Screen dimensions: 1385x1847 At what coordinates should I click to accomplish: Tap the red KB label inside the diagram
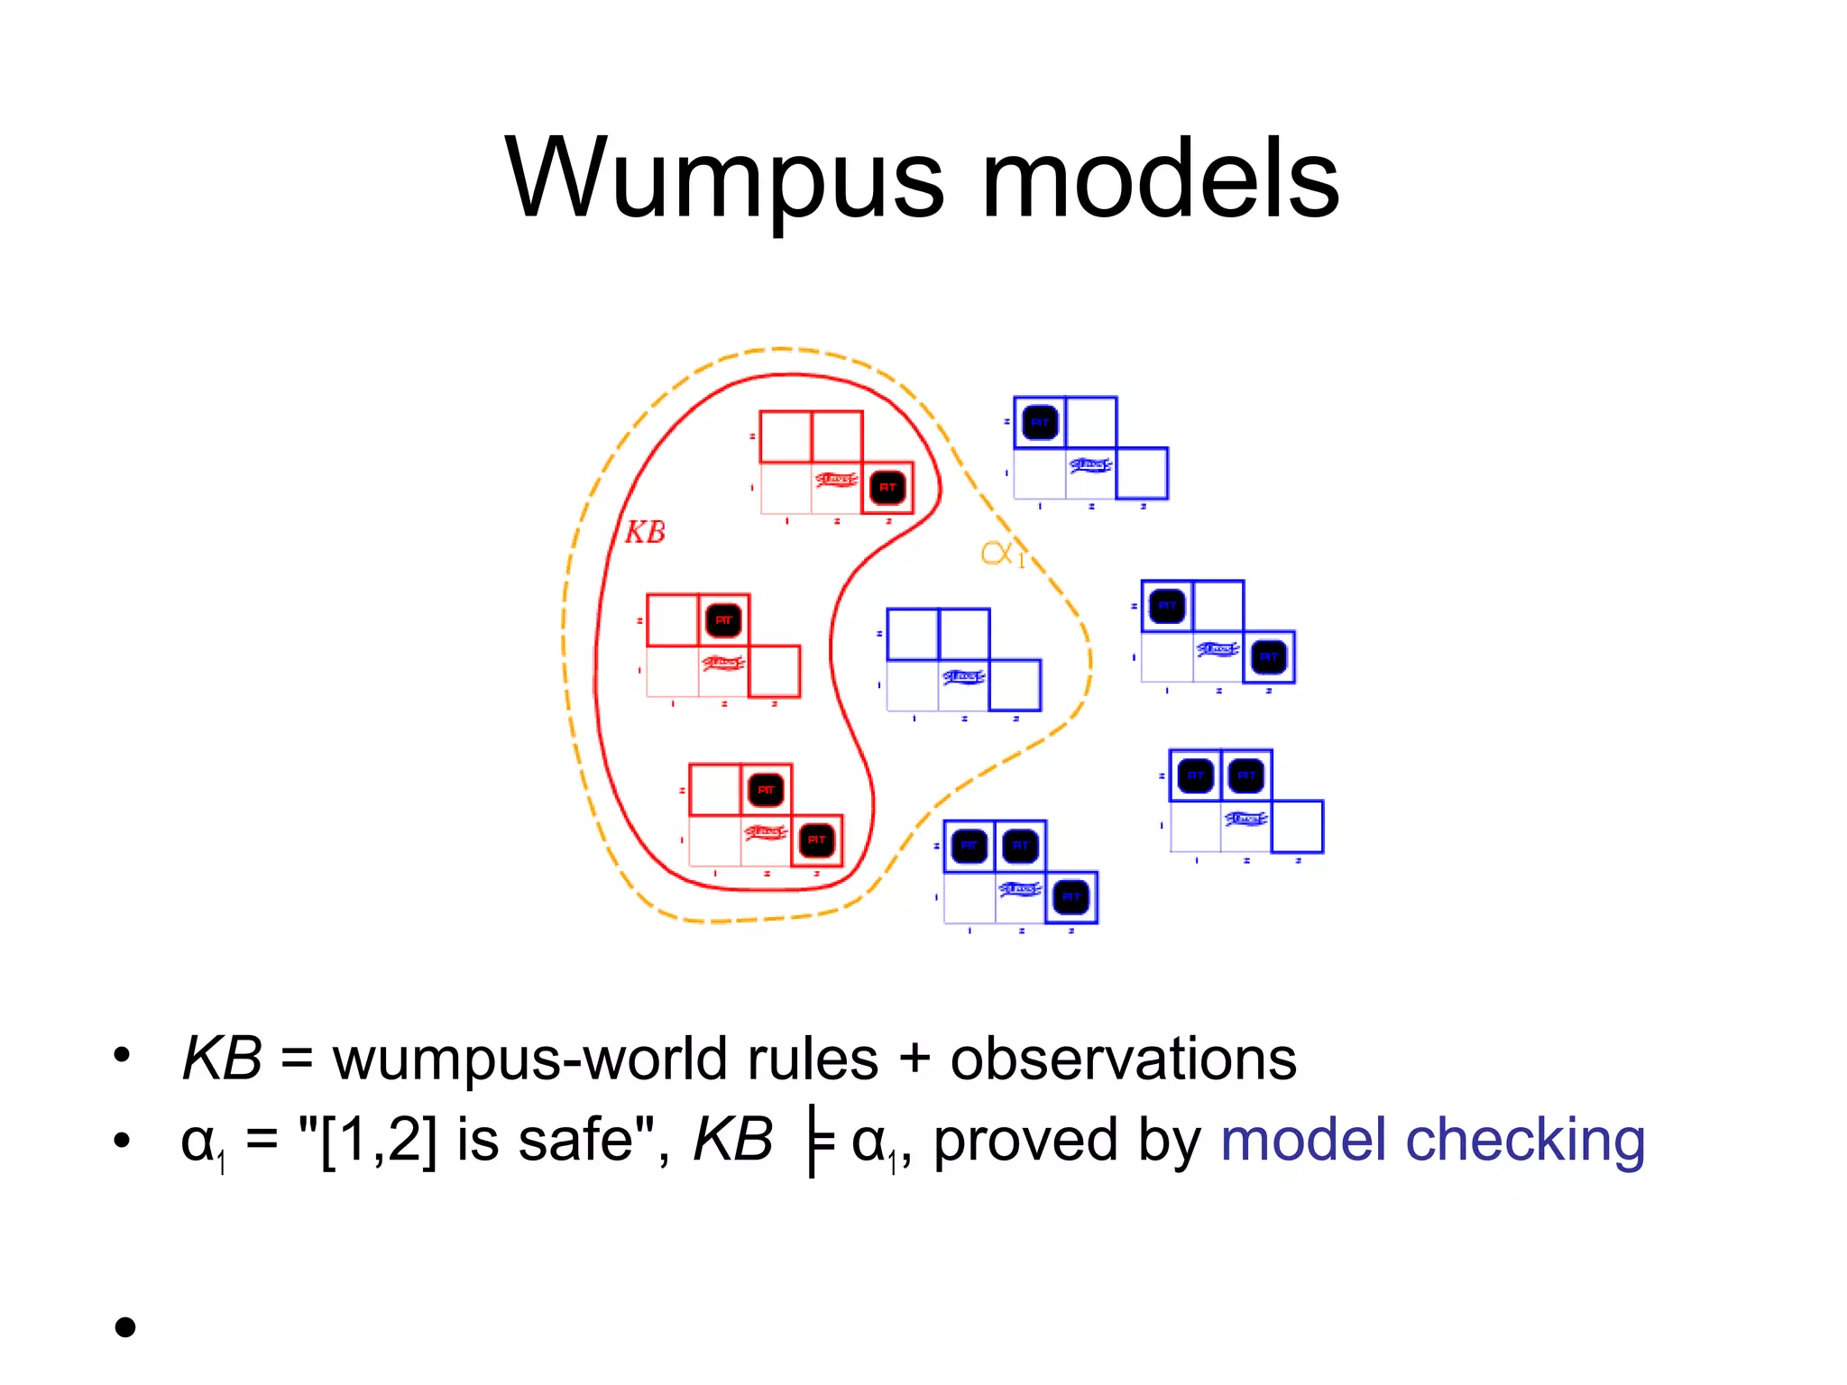click(645, 532)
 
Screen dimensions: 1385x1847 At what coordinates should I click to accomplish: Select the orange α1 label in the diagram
click(1002, 553)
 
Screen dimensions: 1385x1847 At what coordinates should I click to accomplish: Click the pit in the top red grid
click(887, 488)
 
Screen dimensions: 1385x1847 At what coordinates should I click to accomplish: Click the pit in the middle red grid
click(723, 620)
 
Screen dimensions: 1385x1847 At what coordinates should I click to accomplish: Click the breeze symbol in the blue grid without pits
click(963, 676)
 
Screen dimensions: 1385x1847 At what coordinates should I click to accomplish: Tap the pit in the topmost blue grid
click(1040, 422)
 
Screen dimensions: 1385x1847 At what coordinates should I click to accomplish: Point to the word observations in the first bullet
click(1123, 1059)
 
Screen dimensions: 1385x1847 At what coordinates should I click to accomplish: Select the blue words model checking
click(1432, 1140)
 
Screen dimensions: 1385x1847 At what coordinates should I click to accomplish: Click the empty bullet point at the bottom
click(125, 1326)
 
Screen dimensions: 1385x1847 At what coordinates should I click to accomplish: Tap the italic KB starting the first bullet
click(221, 1059)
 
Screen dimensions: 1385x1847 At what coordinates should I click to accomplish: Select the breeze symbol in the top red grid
click(836, 479)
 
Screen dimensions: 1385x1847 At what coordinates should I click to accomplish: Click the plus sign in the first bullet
click(914, 1059)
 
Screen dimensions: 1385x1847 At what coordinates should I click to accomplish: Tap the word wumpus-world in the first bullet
click(532, 1059)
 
